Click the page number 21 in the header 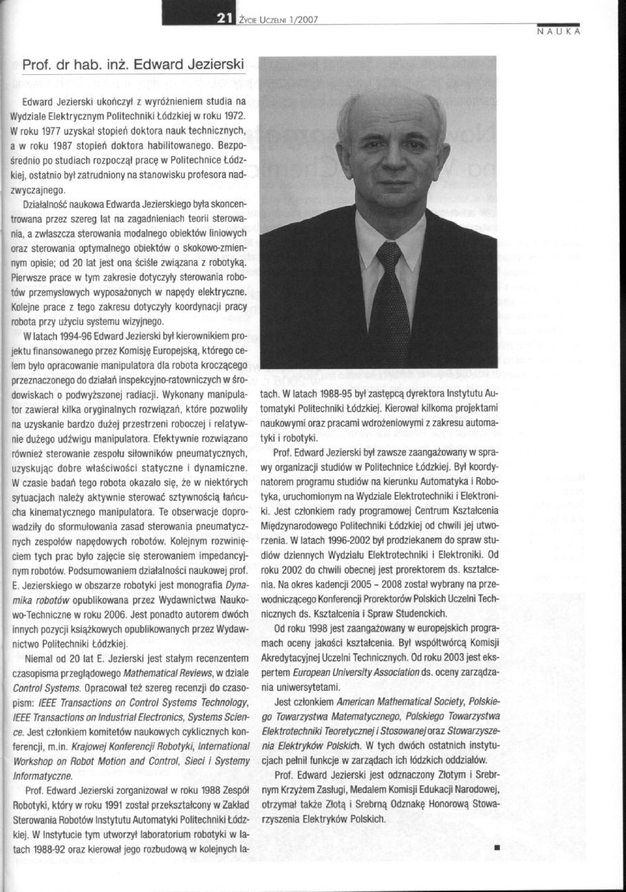223,19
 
